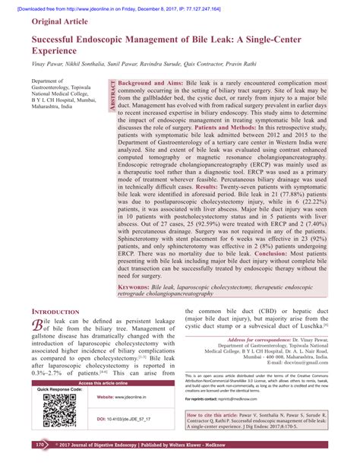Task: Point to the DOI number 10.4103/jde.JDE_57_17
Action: tap(131, 418)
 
